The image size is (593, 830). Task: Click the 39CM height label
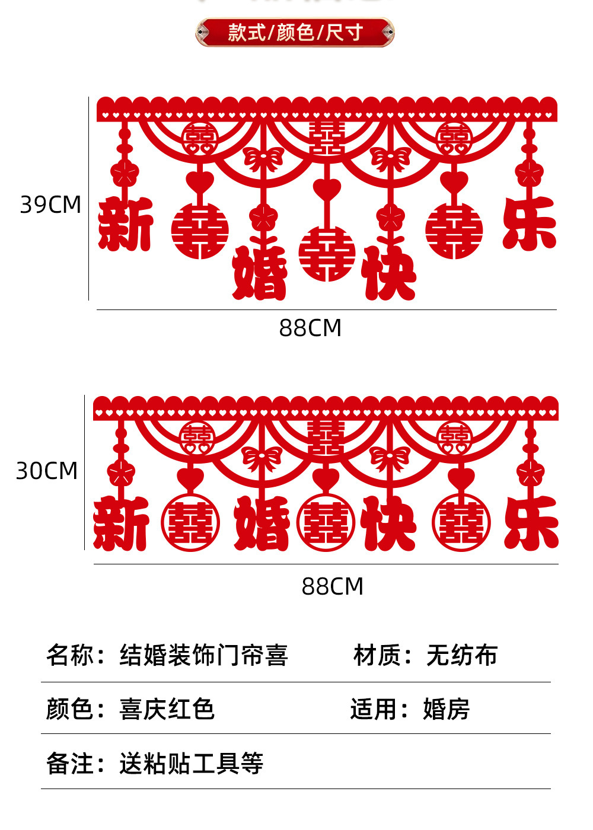click(50, 205)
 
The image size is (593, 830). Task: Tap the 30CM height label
click(47, 471)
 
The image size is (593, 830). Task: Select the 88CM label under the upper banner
click(310, 328)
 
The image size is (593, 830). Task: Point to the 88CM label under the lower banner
click(332, 586)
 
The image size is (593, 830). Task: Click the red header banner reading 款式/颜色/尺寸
click(295, 32)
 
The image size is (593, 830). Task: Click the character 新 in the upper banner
click(125, 225)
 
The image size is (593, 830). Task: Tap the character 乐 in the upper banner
click(529, 224)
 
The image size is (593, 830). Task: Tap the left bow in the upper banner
click(263, 159)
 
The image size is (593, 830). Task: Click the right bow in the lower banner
click(390, 458)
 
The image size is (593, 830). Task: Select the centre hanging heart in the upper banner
click(327, 190)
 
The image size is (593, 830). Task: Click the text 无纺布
click(461, 656)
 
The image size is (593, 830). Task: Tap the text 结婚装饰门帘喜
click(203, 656)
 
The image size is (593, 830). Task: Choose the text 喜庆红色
click(167, 709)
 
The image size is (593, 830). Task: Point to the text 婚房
click(446, 709)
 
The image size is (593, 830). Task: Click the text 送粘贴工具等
click(191, 764)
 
